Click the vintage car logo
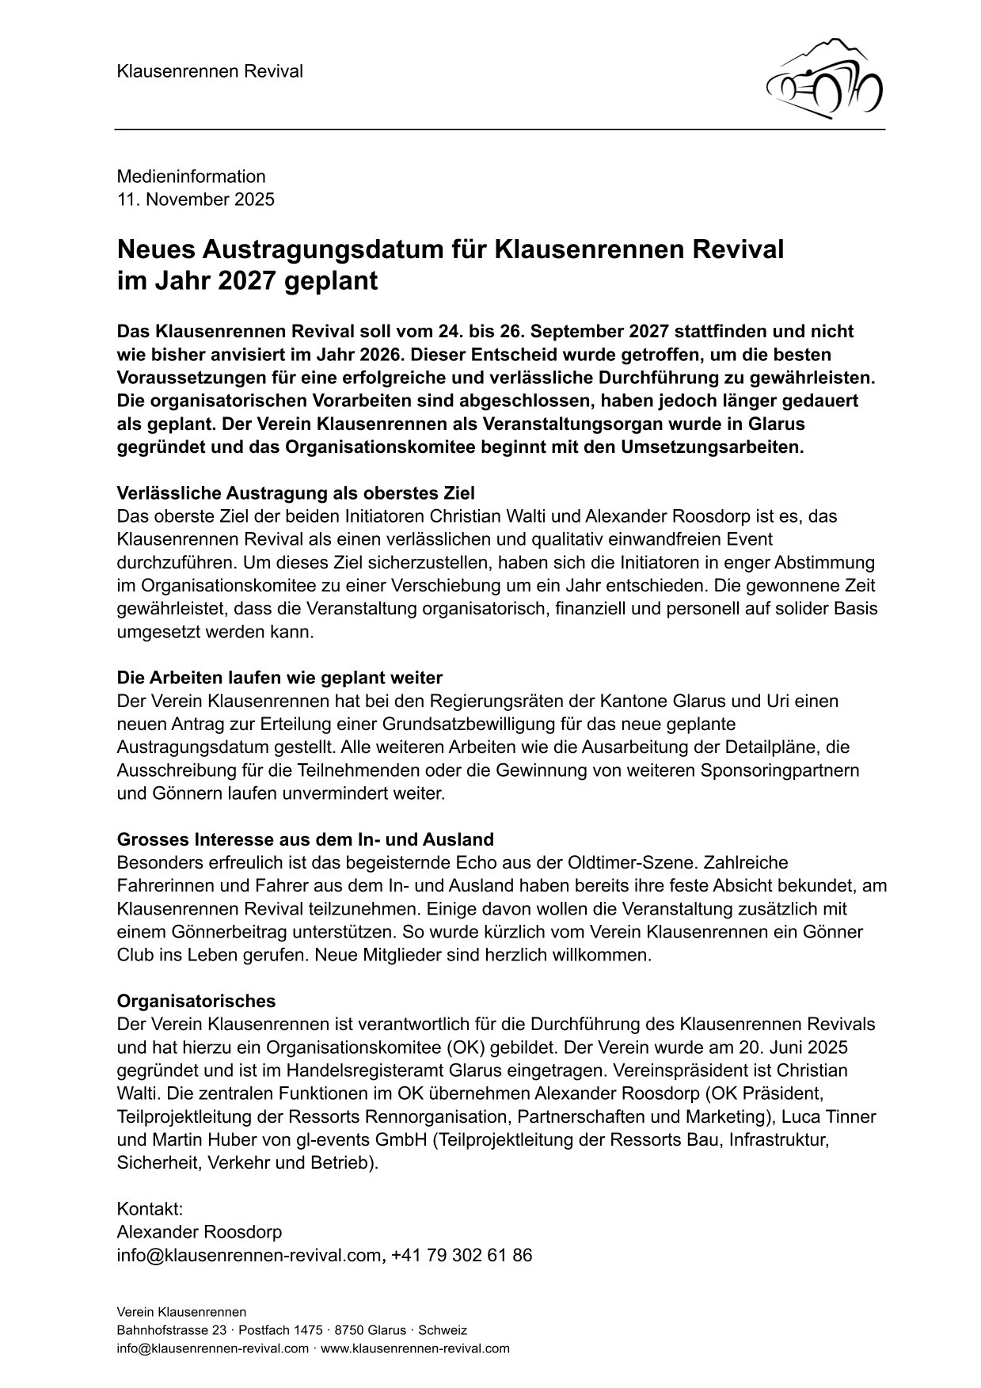824,78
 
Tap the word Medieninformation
191,177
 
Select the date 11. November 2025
196,200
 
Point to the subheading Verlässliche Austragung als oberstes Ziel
295,493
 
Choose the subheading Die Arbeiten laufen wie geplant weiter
279,678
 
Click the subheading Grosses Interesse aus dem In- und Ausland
305,839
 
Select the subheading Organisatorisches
196,1001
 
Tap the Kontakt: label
150,1209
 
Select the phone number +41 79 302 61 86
462,1255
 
